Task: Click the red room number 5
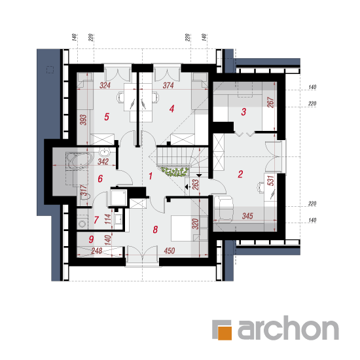(x=107, y=117)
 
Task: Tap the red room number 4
(x=171, y=109)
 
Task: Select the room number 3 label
(x=243, y=112)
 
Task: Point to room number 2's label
(x=240, y=174)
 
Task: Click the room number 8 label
(x=155, y=229)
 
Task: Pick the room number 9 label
(x=91, y=239)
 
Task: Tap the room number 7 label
(x=96, y=220)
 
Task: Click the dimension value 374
(x=168, y=85)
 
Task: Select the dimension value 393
(x=83, y=120)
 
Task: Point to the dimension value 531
(x=271, y=181)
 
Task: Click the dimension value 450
(x=170, y=251)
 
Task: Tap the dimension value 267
(x=271, y=102)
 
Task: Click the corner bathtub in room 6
(x=79, y=160)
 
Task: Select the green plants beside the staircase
(x=175, y=171)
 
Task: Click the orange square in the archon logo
(x=225, y=333)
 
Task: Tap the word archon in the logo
(x=288, y=328)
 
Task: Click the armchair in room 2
(x=223, y=209)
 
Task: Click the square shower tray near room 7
(x=118, y=197)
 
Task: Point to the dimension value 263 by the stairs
(x=196, y=185)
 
